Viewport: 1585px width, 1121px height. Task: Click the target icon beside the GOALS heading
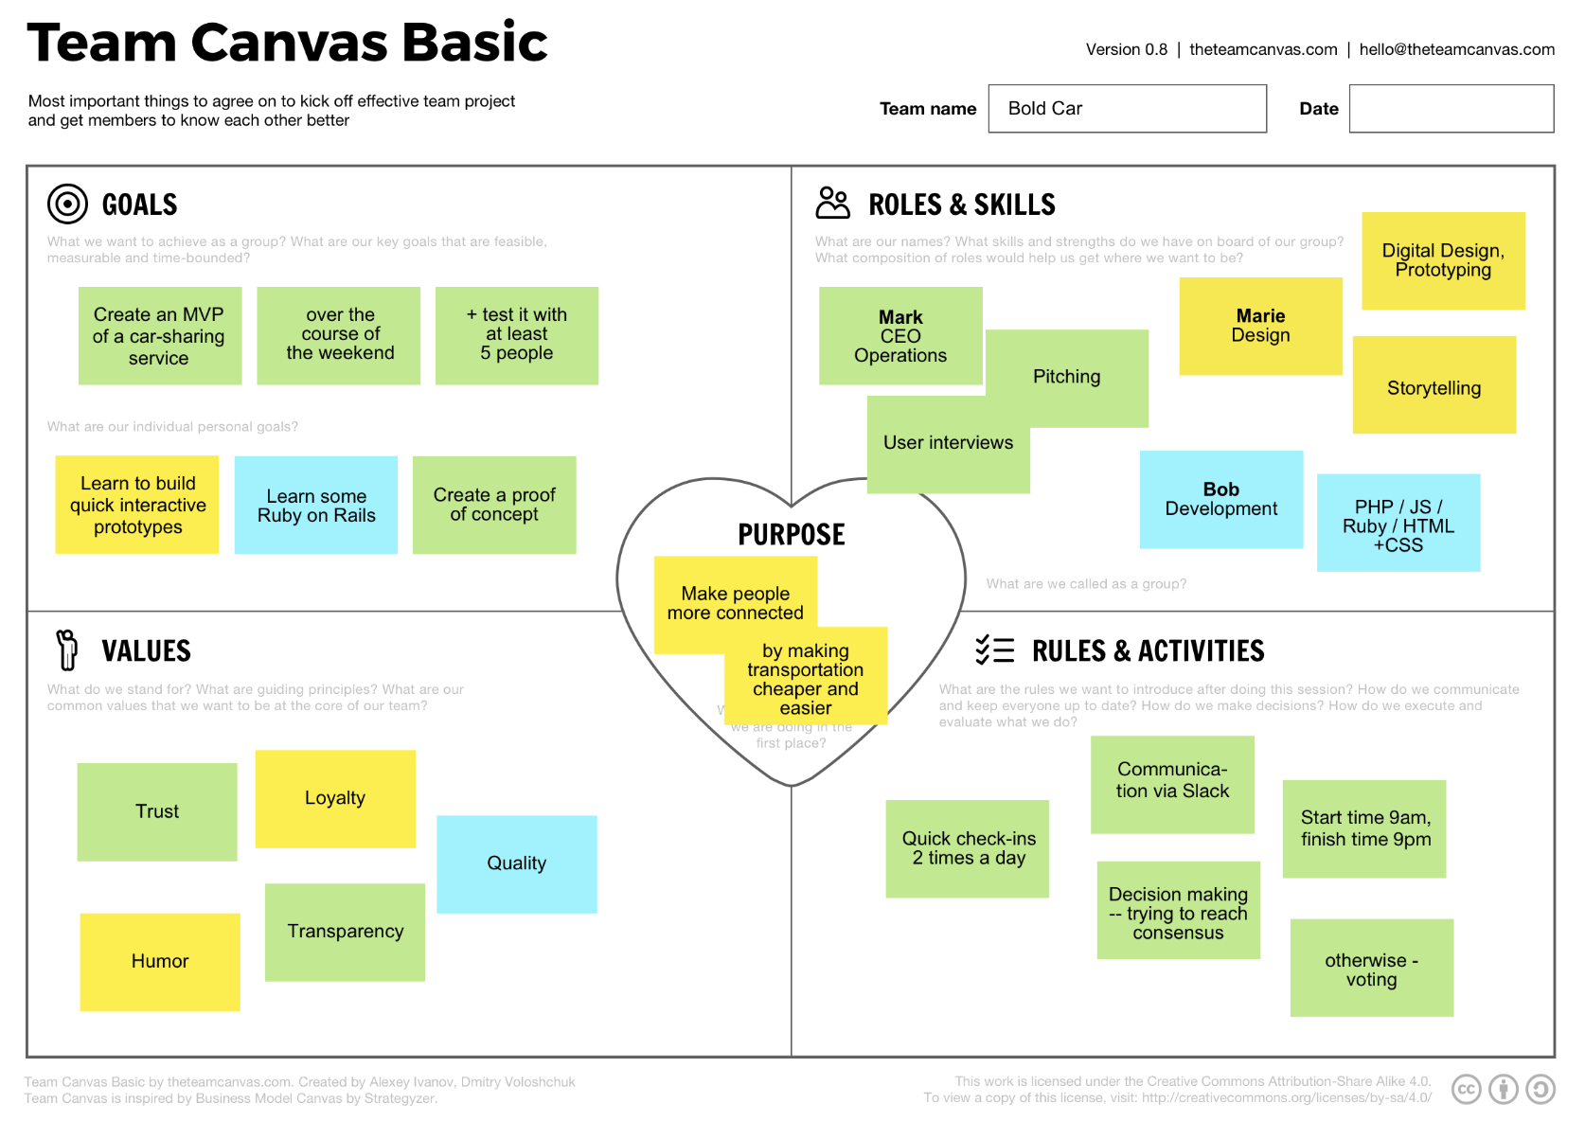pyautogui.click(x=67, y=204)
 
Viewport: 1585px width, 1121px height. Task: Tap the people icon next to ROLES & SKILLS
pyautogui.click(x=833, y=203)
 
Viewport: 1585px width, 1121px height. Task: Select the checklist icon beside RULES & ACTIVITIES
pyautogui.click(x=994, y=649)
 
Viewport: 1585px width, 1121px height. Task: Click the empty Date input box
pyautogui.click(x=1451, y=109)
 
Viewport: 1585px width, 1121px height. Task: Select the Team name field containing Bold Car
pyautogui.click(x=1127, y=109)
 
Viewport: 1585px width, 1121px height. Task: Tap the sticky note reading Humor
pyautogui.click(x=160, y=961)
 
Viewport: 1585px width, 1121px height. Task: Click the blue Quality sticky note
pyautogui.click(x=517, y=863)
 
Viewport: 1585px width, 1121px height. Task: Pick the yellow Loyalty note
pyautogui.click(x=335, y=798)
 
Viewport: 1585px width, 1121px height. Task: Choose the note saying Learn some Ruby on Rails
pyautogui.click(x=316, y=506)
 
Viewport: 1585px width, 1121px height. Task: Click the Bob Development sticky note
pyautogui.click(x=1221, y=499)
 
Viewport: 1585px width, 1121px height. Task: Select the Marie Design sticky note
pyautogui.click(x=1260, y=326)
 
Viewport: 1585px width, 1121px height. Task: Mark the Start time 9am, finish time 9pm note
pyautogui.click(x=1364, y=828)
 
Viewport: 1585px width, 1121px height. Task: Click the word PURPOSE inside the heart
pyautogui.click(x=792, y=535)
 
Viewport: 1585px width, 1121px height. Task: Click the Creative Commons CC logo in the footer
pyautogui.click(x=1467, y=1090)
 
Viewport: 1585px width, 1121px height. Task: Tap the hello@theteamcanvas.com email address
pyautogui.click(x=1456, y=49)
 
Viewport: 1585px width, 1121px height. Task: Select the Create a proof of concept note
pyautogui.click(x=494, y=505)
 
